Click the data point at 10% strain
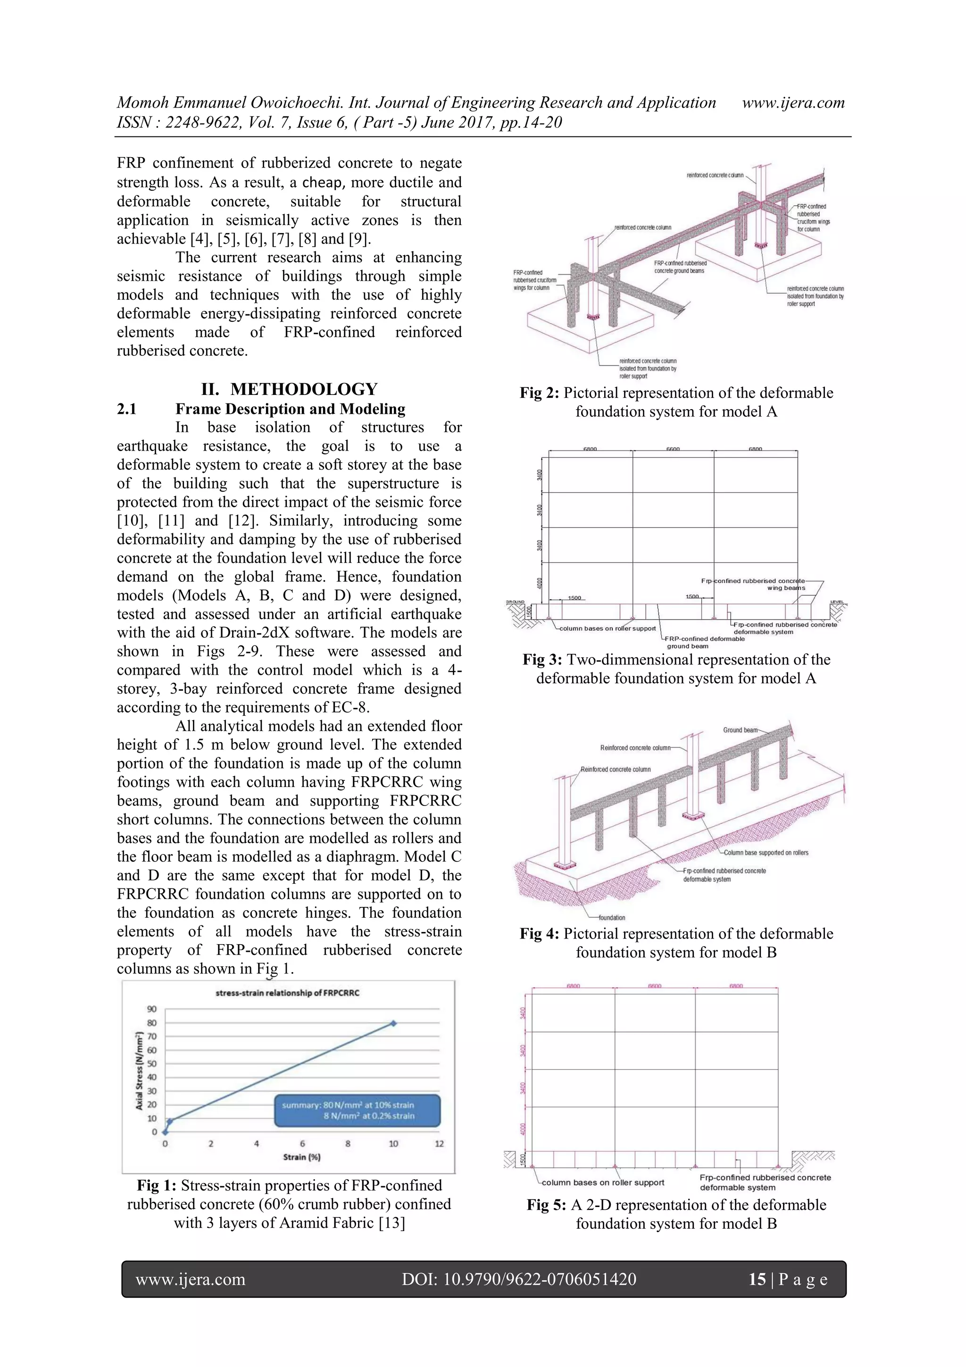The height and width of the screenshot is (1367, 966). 393,1023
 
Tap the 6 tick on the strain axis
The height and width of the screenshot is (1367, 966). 302,1143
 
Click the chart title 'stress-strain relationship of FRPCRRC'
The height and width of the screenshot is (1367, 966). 287,992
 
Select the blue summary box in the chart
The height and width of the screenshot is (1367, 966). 357,1110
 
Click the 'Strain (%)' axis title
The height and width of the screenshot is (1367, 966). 302,1157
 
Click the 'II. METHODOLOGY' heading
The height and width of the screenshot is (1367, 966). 289,389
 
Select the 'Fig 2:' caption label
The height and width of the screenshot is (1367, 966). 539,393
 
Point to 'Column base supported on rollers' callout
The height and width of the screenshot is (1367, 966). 766,853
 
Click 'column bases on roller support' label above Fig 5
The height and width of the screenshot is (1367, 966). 602,1182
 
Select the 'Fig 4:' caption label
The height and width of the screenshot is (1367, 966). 539,933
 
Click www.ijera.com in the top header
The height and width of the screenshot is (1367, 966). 793,102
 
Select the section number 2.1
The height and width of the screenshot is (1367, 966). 127,409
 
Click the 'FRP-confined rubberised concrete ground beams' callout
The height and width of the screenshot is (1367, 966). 680,267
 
